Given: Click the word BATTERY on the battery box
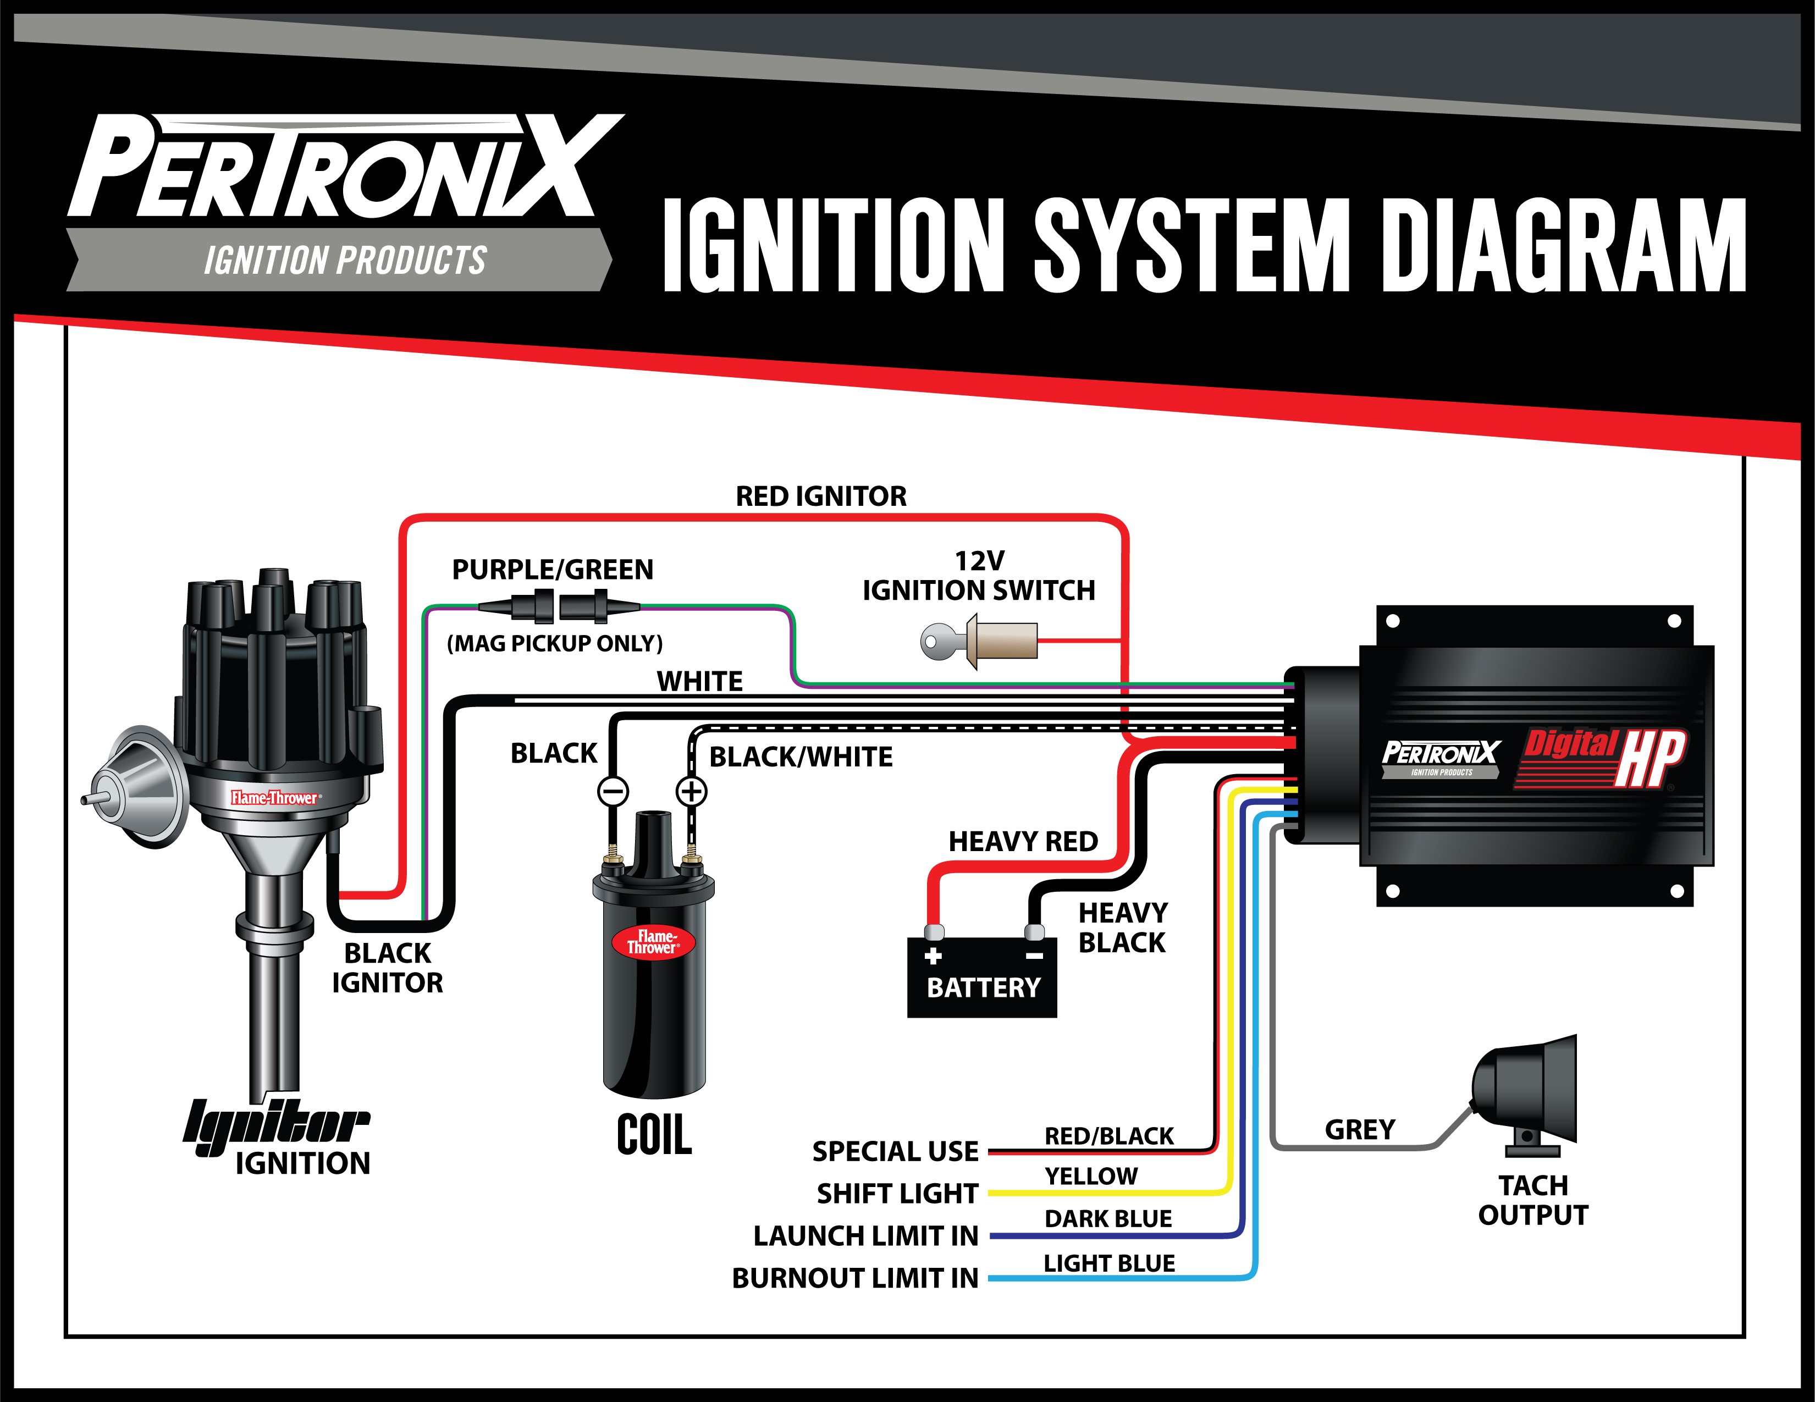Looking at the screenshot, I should click(x=983, y=987).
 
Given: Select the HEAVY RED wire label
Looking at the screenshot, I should click(x=1023, y=841).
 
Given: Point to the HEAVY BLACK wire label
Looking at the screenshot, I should click(x=1123, y=928).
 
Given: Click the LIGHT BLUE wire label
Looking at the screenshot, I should click(x=1110, y=1263).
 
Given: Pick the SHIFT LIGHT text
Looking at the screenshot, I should click(x=897, y=1194).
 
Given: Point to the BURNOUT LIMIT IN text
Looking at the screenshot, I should click(x=855, y=1278).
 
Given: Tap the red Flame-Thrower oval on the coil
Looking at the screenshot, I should click(x=653, y=942).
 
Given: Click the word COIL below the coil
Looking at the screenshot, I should click(x=654, y=1135).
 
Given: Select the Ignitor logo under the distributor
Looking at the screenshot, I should click(x=276, y=1125).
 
